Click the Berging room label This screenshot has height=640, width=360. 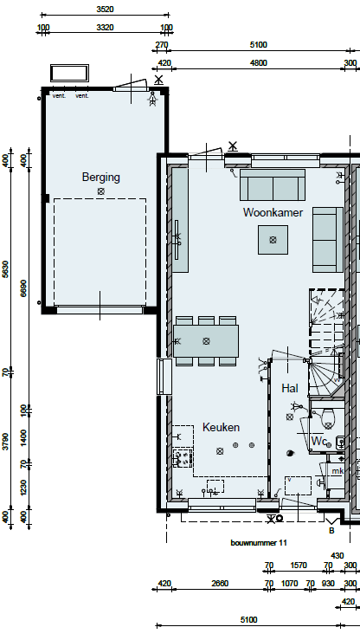pos(100,178)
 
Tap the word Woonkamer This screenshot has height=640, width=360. pos(273,212)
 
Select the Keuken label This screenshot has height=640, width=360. pos(221,427)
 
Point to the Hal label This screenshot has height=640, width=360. pos(289,388)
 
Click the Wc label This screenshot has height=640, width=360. pos(318,441)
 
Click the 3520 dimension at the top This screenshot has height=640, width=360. pos(105,9)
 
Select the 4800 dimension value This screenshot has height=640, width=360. pos(259,63)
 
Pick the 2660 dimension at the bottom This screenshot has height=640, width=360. pos(220,584)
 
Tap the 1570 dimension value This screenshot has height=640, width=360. pos(299,566)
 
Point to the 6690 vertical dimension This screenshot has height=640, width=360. pos(23,288)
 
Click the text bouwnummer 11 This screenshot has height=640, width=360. pos(259,543)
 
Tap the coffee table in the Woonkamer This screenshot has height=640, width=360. pos(273,240)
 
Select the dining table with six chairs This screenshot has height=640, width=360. pos(206,341)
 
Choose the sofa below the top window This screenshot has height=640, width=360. pos(273,185)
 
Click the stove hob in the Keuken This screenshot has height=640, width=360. pos(183,458)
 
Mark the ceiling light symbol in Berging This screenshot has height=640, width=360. pos(100,191)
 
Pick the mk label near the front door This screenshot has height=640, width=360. pos(337,471)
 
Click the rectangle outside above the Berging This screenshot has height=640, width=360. pos(70,73)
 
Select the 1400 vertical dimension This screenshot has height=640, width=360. pos(23,437)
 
